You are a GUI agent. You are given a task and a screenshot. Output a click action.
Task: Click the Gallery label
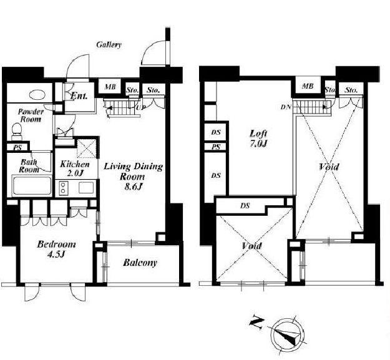point(109,45)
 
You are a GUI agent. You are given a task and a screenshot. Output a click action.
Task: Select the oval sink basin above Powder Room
point(37,94)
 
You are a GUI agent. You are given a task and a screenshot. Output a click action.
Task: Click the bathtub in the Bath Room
point(32,185)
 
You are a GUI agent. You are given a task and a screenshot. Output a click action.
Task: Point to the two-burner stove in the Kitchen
point(63,187)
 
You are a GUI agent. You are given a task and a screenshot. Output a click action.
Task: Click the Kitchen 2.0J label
point(75,168)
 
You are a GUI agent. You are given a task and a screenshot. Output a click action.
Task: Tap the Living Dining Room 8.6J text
point(133,177)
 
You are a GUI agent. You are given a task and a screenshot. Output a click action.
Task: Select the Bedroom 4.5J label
point(56,249)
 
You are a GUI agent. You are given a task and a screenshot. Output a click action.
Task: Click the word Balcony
point(140,263)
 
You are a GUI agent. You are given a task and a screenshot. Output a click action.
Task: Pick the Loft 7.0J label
point(259,139)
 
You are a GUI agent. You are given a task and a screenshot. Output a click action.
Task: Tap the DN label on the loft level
point(286,107)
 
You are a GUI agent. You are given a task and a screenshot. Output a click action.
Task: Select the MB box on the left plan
point(110,87)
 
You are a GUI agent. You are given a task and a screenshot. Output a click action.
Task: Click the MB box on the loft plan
point(308,86)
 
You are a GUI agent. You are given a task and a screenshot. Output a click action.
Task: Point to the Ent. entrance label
point(79,95)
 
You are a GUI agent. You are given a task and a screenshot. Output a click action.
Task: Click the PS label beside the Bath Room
point(17,148)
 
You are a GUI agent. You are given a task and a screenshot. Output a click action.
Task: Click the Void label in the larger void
point(329,167)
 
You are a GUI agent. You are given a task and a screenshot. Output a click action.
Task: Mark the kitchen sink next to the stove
point(86,187)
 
